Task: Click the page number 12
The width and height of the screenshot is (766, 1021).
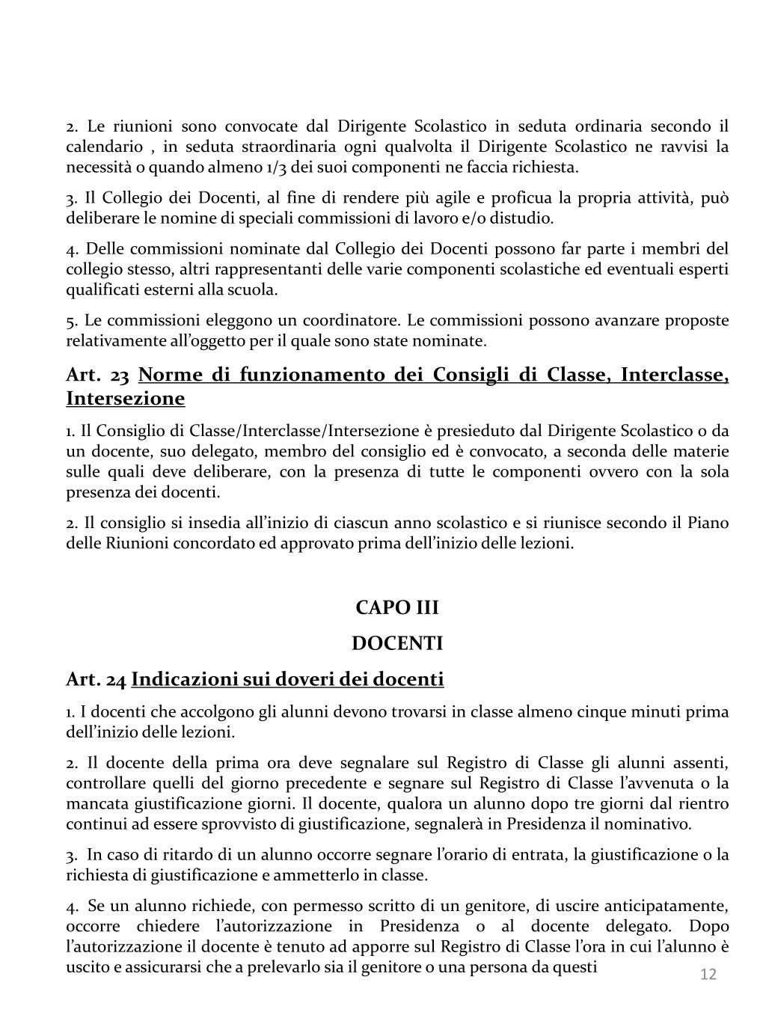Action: (708, 975)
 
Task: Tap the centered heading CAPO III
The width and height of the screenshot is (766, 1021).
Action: (397, 607)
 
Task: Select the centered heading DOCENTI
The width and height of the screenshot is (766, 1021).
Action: (397, 643)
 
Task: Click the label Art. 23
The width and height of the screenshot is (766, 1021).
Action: (98, 375)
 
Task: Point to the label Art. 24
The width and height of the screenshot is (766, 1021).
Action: (96, 679)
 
